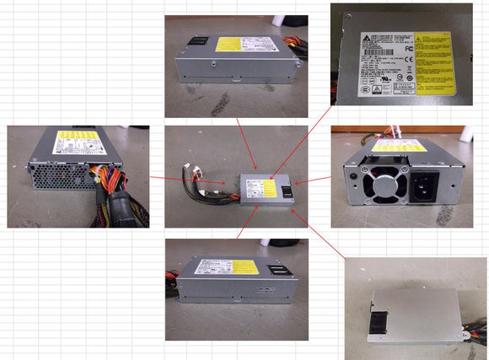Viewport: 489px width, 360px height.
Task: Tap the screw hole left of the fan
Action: pos(348,179)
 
